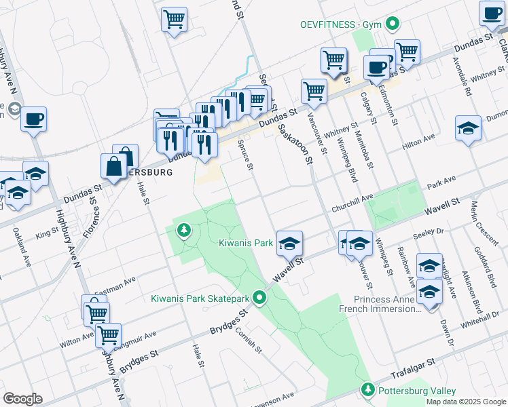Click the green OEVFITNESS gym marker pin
coord(392,24)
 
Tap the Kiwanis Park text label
coord(246,242)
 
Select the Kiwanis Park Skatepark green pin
coord(259,298)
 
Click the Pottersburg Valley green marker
coord(368,390)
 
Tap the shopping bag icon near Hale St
coord(113,166)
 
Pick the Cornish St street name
coord(248,340)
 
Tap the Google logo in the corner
coord(22,398)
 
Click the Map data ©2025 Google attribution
coord(465,402)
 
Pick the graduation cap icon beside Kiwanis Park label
coord(289,244)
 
